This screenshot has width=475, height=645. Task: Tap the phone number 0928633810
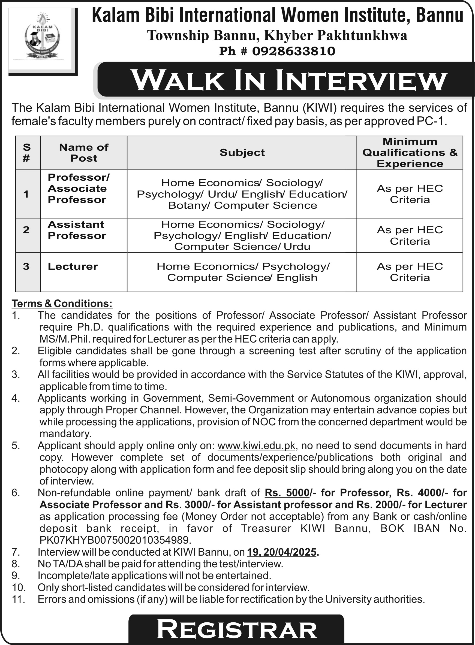(294, 52)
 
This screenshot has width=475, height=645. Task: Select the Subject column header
(242, 153)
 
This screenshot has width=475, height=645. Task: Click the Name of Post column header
(84, 153)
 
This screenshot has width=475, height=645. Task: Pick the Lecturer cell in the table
(73, 266)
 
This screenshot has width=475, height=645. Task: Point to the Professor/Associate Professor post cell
(79, 189)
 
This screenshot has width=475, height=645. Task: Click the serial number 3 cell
(26, 266)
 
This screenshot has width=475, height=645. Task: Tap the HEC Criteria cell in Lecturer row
(410, 272)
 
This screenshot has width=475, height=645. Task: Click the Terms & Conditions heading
(62, 303)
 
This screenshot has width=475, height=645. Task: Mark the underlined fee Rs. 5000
(287, 493)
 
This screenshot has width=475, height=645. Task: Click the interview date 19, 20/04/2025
(281, 552)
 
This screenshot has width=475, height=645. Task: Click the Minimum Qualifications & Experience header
(410, 153)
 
